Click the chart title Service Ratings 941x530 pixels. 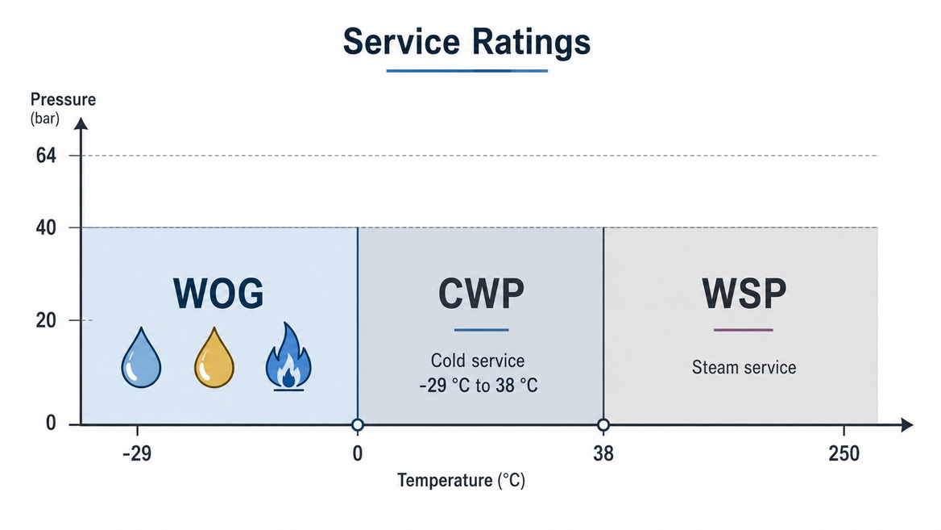click(466, 42)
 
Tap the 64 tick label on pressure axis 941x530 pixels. click(46, 156)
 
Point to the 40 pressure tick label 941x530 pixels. click(46, 227)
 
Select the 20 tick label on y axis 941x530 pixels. click(46, 320)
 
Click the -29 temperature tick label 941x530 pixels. click(137, 453)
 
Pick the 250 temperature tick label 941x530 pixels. click(844, 453)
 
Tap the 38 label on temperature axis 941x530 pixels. click(603, 453)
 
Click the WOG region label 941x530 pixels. click(218, 294)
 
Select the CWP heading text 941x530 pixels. click(481, 294)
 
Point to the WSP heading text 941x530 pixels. click(744, 294)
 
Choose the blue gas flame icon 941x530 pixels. click(288, 357)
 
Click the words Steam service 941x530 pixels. click(744, 367)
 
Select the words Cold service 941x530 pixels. click(478, 361)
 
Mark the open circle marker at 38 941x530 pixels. click(603, 425)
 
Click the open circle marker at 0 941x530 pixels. click(358, 425)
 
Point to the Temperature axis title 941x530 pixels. click(461, 481)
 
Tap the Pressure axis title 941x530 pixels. click(63, 99)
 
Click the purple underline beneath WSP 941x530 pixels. click(744, 330)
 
